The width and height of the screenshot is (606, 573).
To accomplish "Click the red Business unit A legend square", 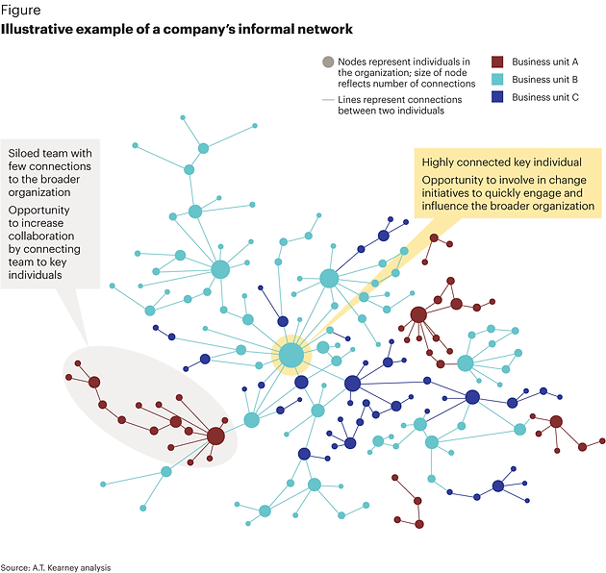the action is click(x=497, y=62).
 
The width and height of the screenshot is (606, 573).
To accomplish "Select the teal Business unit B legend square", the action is click(x=497, y=79).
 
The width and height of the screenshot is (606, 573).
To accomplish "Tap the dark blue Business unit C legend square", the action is click(x=497, y=97).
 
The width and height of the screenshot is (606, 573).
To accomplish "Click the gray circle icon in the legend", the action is click(x=328, y=62).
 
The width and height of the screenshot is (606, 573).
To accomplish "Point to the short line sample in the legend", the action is click(x=328, y=100).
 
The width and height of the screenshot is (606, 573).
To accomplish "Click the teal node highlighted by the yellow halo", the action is click(x=291, y=355).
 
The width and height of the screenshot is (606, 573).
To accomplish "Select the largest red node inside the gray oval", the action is click(x=215, y=436).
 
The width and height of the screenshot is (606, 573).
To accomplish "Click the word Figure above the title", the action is click(x=20, y=10).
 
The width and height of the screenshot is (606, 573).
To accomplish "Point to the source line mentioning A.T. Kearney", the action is click(x=56, y=567).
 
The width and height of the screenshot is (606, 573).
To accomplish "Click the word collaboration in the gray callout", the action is click(x=41, y=237).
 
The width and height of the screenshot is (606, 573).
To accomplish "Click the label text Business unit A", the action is click(x=545, y=62).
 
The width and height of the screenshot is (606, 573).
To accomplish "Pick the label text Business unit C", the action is click(x=545, y=97).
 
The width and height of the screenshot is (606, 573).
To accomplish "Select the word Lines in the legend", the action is click(x=349, y=100).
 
